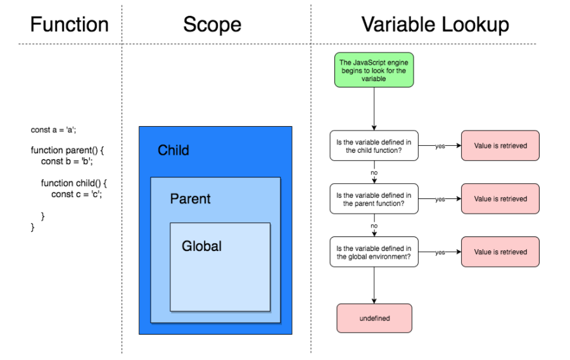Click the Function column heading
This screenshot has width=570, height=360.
click(70, 25)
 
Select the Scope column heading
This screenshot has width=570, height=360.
click(212, 25)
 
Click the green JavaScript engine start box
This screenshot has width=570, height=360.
click(374, 70)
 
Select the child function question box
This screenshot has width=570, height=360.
click(374, 146)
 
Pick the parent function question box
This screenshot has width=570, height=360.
click(374, 199)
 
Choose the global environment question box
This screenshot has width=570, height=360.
click(374, 252)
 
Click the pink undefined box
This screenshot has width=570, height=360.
click(374, 318)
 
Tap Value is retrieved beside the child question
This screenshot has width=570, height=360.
click(500, 146)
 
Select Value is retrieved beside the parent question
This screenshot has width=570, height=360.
click(500, 199)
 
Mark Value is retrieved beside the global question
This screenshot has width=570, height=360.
click(500, 252)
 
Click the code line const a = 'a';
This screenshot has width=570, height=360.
click(53, 130)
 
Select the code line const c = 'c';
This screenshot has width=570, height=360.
click(77, 195)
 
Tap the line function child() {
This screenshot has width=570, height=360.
click(75, 183)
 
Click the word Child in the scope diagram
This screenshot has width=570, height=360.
click(174, 151)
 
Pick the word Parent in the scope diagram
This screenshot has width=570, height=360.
click(190, 199)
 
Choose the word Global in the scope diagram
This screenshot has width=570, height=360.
click(201, 246)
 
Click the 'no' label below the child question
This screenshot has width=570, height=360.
click(374, 172)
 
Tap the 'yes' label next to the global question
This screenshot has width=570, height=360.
click(440, 252)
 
